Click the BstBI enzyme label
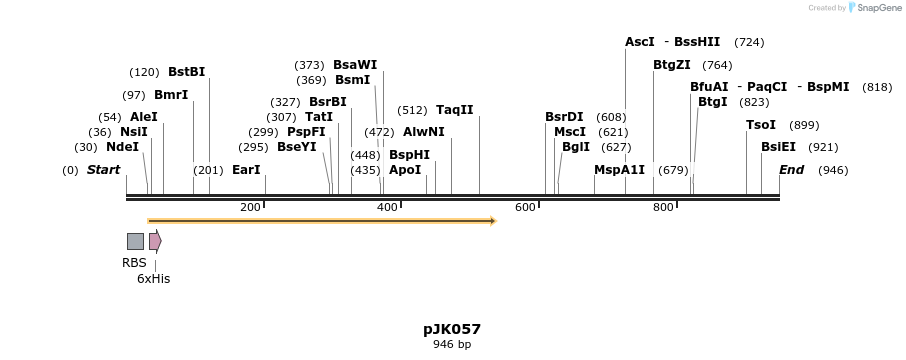click(x=186, y=72)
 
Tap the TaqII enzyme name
click(x=454, y=110)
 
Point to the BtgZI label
click(x=671, y=65)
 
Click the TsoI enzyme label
click(x=760, y=125)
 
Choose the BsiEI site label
click(x=778, y=147)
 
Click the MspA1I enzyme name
click(x=619, y=170)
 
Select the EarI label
click(x=246, y=170)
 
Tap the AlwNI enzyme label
click(x=423, y=132)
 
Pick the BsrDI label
click(x=564, y=117)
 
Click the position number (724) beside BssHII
click(x=749, y=42)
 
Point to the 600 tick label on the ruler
click(x=525, y=207)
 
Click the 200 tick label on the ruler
click(x=250, y=207)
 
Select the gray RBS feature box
click(x=135, y=241)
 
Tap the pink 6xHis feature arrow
click(x=154, y=241)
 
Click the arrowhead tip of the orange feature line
click(x=494, y=221)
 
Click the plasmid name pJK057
click(x=452, y=328)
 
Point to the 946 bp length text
click(x=452, y=345)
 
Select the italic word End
click(x=791, y=170)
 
